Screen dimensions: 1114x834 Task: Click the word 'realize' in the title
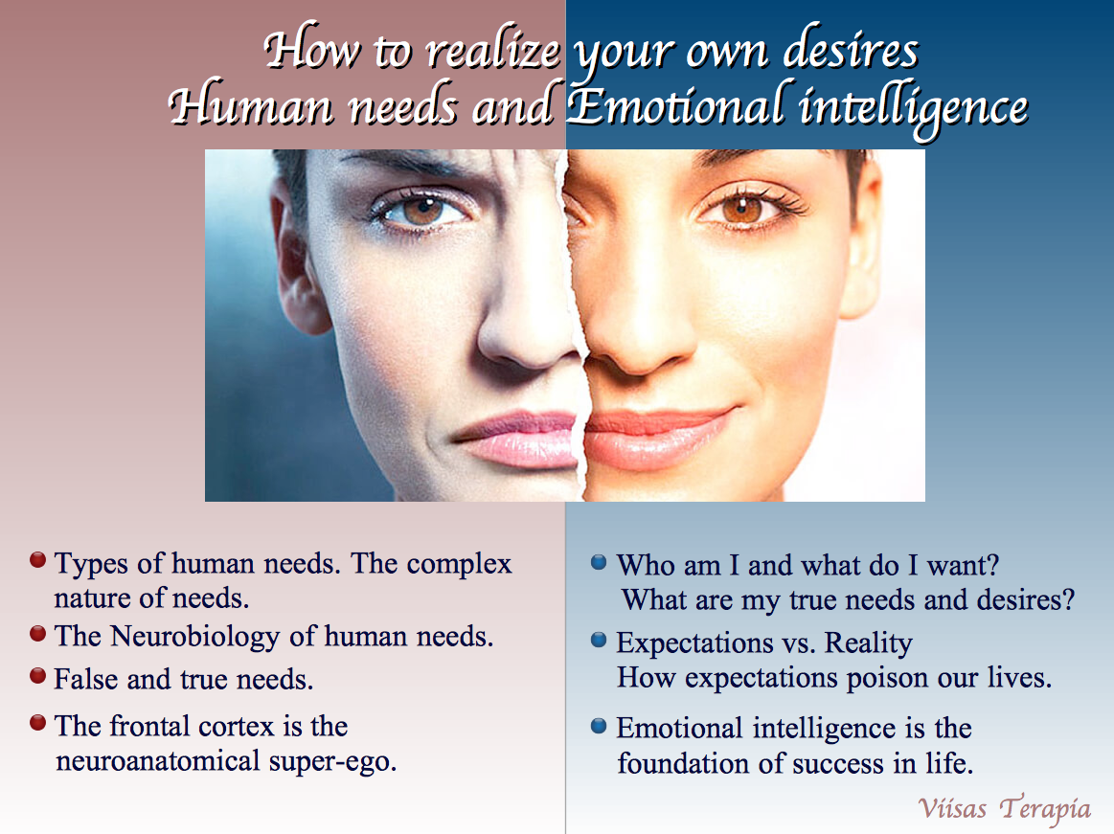493,51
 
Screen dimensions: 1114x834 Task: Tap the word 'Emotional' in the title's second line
674,105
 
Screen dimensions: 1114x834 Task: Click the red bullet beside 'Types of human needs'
37,560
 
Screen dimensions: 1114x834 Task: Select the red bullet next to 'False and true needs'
37,676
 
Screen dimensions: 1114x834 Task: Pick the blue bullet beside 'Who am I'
599,563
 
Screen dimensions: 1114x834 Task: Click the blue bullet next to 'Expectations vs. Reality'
599,640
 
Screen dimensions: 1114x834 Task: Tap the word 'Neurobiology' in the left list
195,638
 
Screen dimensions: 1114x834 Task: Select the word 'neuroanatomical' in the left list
158,761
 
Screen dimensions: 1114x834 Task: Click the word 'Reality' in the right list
868,643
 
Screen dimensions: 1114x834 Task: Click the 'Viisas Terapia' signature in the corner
1004,809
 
